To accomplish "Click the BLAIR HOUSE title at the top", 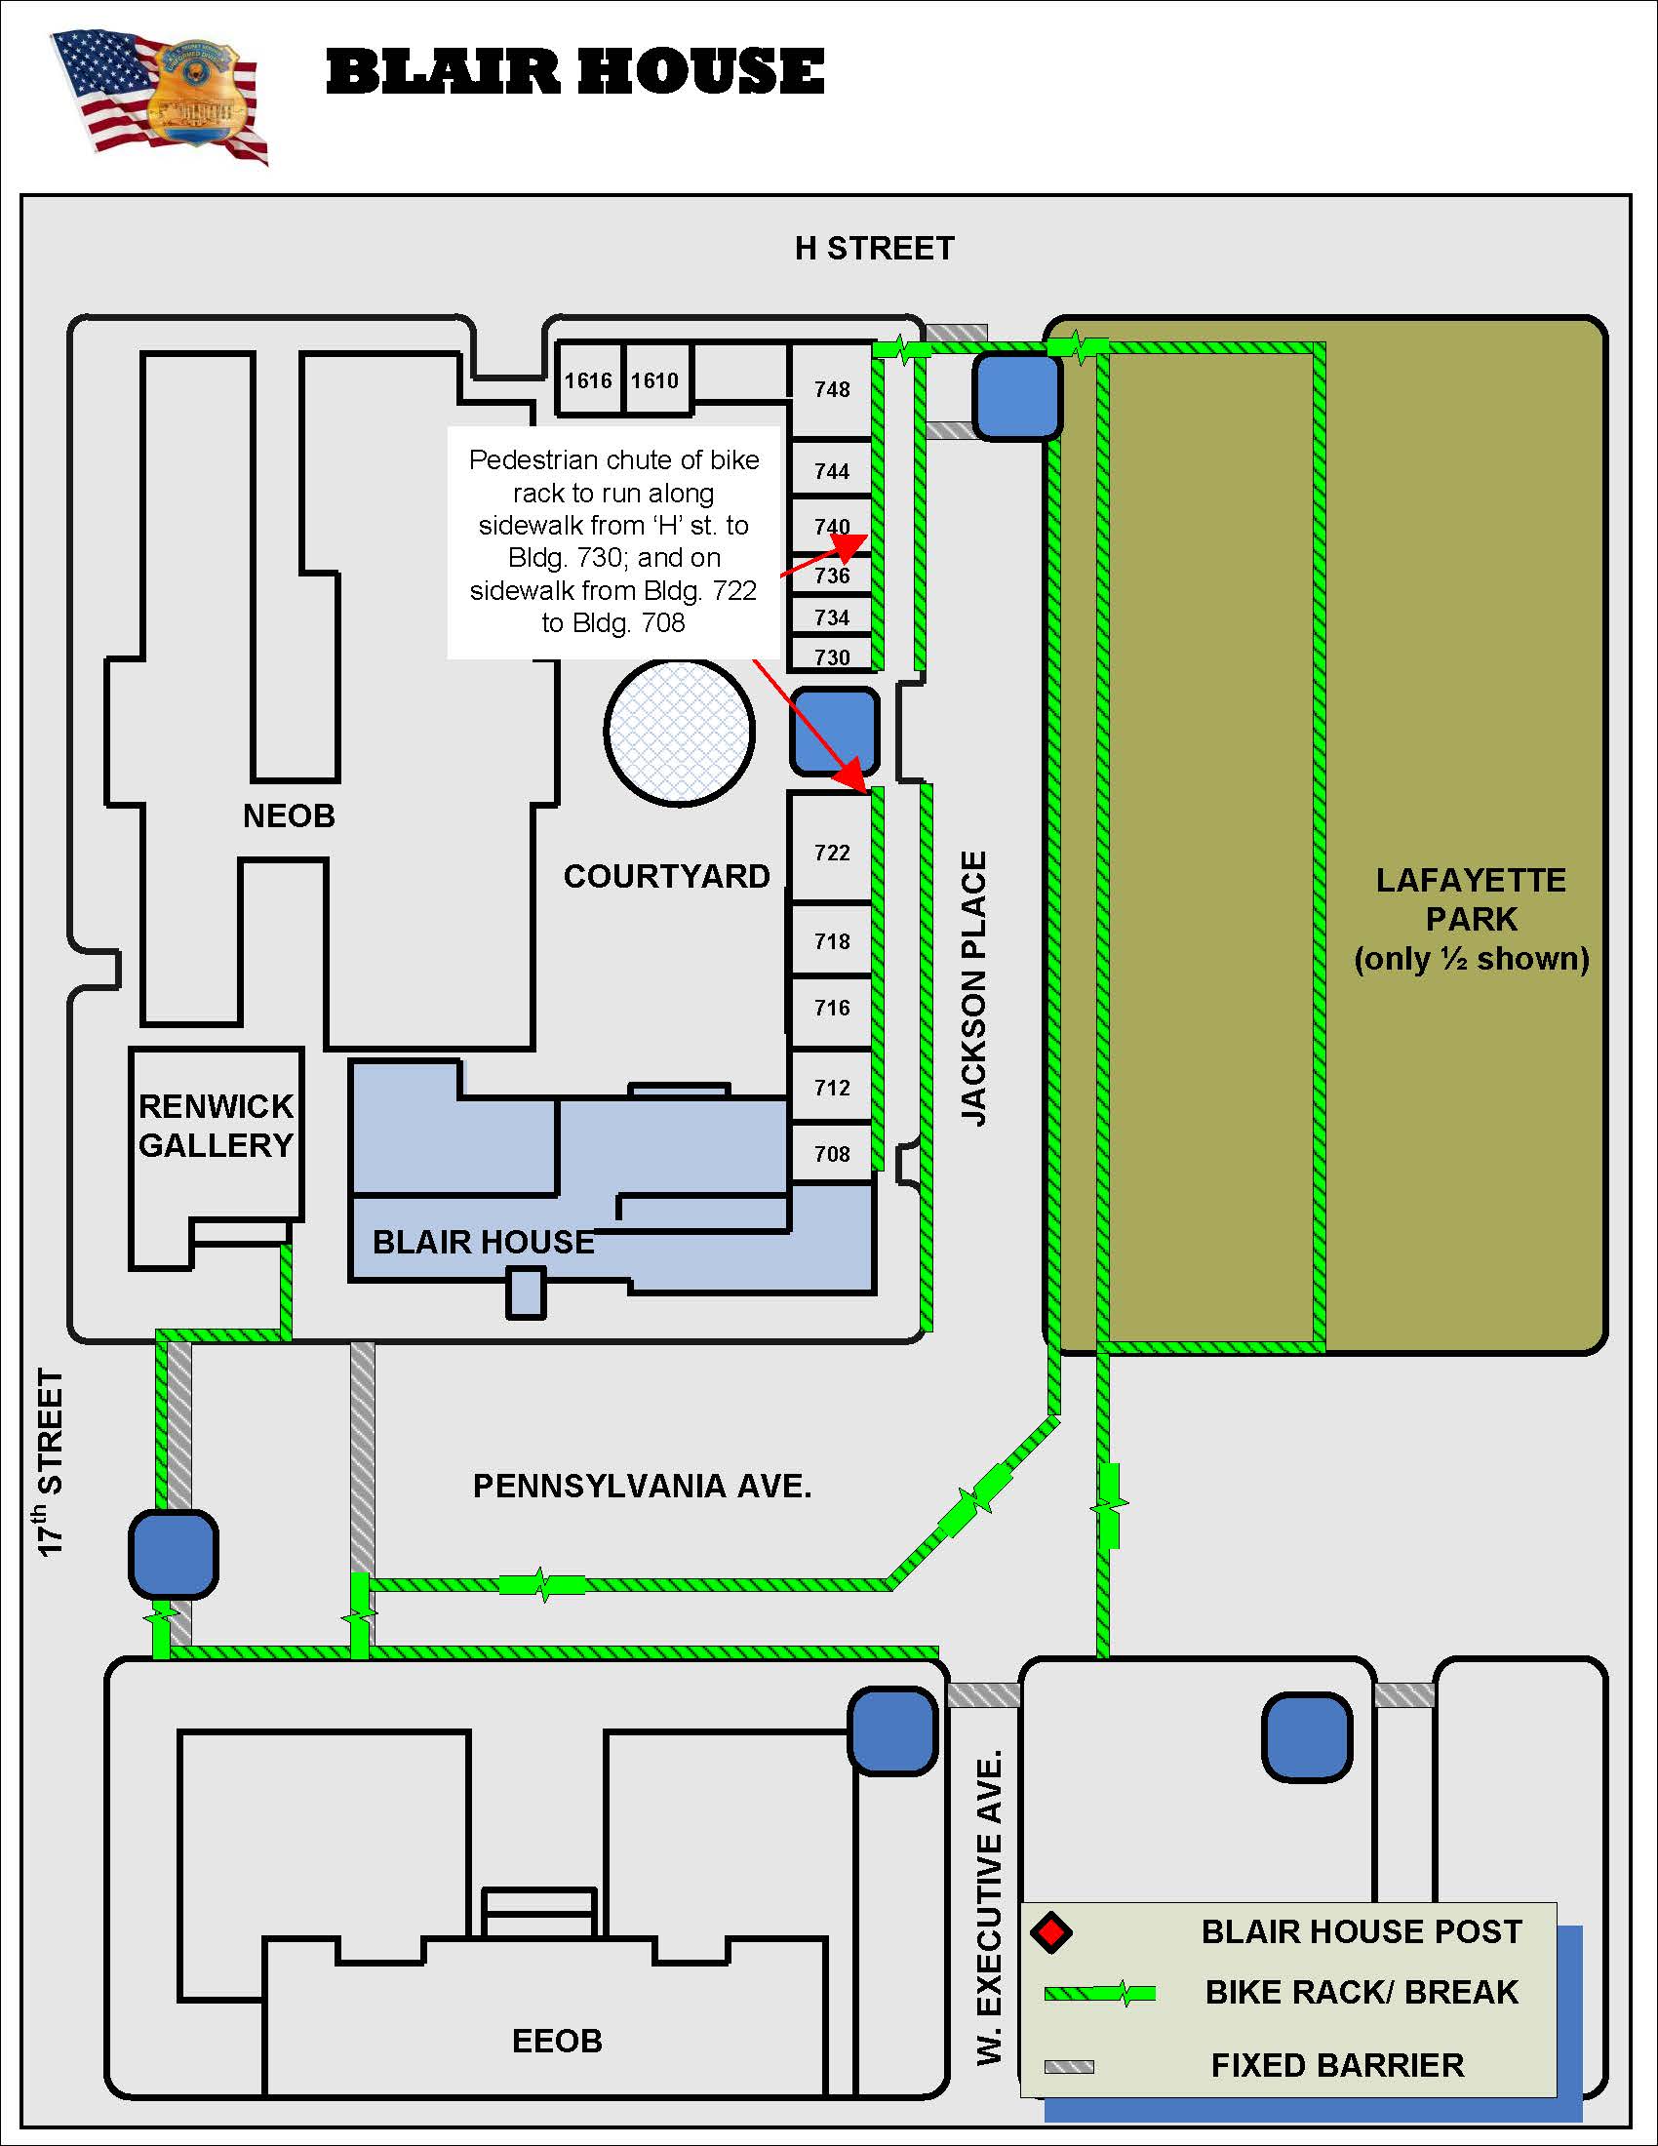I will click(x=574, y=73).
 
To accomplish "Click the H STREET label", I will click(x=874, y=249).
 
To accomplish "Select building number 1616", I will click(x=587, y=380).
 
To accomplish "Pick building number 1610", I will click(x=654, y=380).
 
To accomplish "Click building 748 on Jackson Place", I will click(x=832, y=389).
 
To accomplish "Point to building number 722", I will click(x=832, y=852).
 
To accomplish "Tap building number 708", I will click(x=832, y=1154).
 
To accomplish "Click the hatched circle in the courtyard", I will click(x=679, y=731).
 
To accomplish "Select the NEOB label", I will click(x=289, y=815).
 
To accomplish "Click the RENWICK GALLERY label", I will click(x=217, y=1125).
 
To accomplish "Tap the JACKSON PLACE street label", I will click(x=973, y=987).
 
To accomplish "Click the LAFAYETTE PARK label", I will click(x=1471, y=918).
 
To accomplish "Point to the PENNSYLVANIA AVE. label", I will click(x=643, y=1486).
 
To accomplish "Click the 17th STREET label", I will click(x=50, y=1462).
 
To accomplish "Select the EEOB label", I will click(x=557, y=2041).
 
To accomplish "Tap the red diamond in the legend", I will click(x=1051, y=1931).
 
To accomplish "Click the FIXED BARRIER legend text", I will click(x=1337, y=2064).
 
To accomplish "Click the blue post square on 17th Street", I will click(x=173, y=1555).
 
